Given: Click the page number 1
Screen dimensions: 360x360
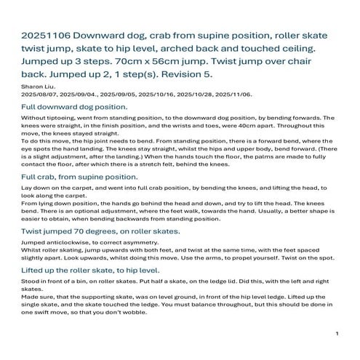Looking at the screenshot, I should [337, 332].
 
